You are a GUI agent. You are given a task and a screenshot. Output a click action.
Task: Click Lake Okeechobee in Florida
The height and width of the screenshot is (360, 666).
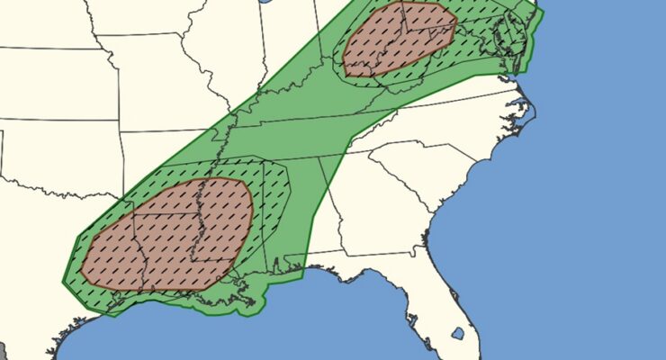click(457, 334)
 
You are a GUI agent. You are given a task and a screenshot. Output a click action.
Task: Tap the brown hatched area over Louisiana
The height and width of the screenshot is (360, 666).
click(166, 234)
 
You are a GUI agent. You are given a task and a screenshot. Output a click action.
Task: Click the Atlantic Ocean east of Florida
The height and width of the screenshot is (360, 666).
click(558, 270)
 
